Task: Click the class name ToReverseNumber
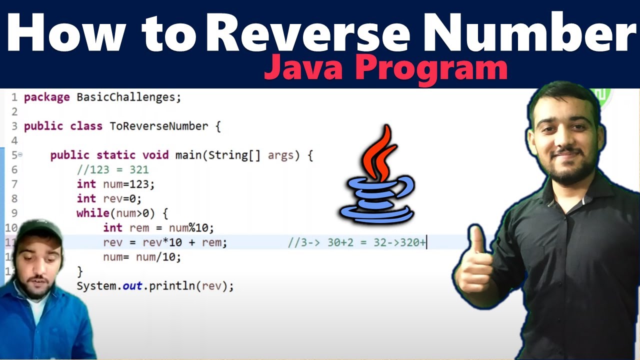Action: (158, 126)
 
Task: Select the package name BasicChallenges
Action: (128, 97)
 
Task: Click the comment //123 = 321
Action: (112, 170)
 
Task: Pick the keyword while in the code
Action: (92, 213)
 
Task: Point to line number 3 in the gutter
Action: (14, 126)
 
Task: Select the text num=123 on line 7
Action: (128, 184)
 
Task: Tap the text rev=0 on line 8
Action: (122, 199)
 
